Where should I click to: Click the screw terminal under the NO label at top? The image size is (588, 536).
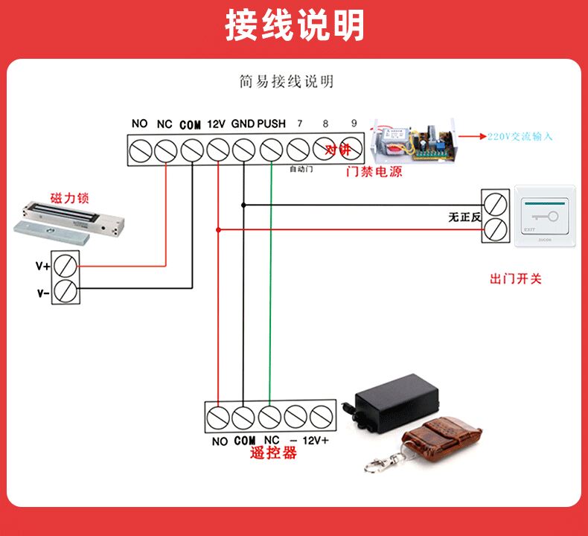[140, 150]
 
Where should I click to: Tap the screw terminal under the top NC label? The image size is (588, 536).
[164, 150]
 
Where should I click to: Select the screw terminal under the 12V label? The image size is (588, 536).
[217, 150]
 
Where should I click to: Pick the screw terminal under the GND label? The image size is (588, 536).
[243, 150]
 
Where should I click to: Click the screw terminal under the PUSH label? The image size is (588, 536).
[270, 150]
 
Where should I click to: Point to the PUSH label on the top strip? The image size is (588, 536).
[272, 124]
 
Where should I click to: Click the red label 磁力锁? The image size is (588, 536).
[70, 197]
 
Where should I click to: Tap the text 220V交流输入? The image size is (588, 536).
[520, 137]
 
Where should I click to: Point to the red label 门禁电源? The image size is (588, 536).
[374, 172]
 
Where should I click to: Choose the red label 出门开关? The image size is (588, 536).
[516, 279]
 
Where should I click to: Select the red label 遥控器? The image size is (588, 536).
[274, 453]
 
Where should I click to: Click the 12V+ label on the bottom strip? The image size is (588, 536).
[316, 441]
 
